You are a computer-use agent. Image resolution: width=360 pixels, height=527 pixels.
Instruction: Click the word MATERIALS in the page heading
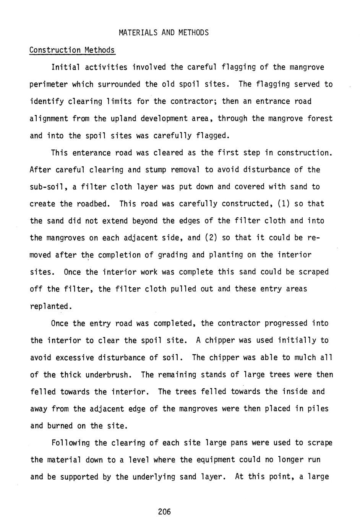138,32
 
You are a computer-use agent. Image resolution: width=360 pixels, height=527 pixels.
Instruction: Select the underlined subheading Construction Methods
72,50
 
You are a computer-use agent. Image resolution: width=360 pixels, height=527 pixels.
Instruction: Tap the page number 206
164,512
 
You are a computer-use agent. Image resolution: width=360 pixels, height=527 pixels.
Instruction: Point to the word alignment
49,118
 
